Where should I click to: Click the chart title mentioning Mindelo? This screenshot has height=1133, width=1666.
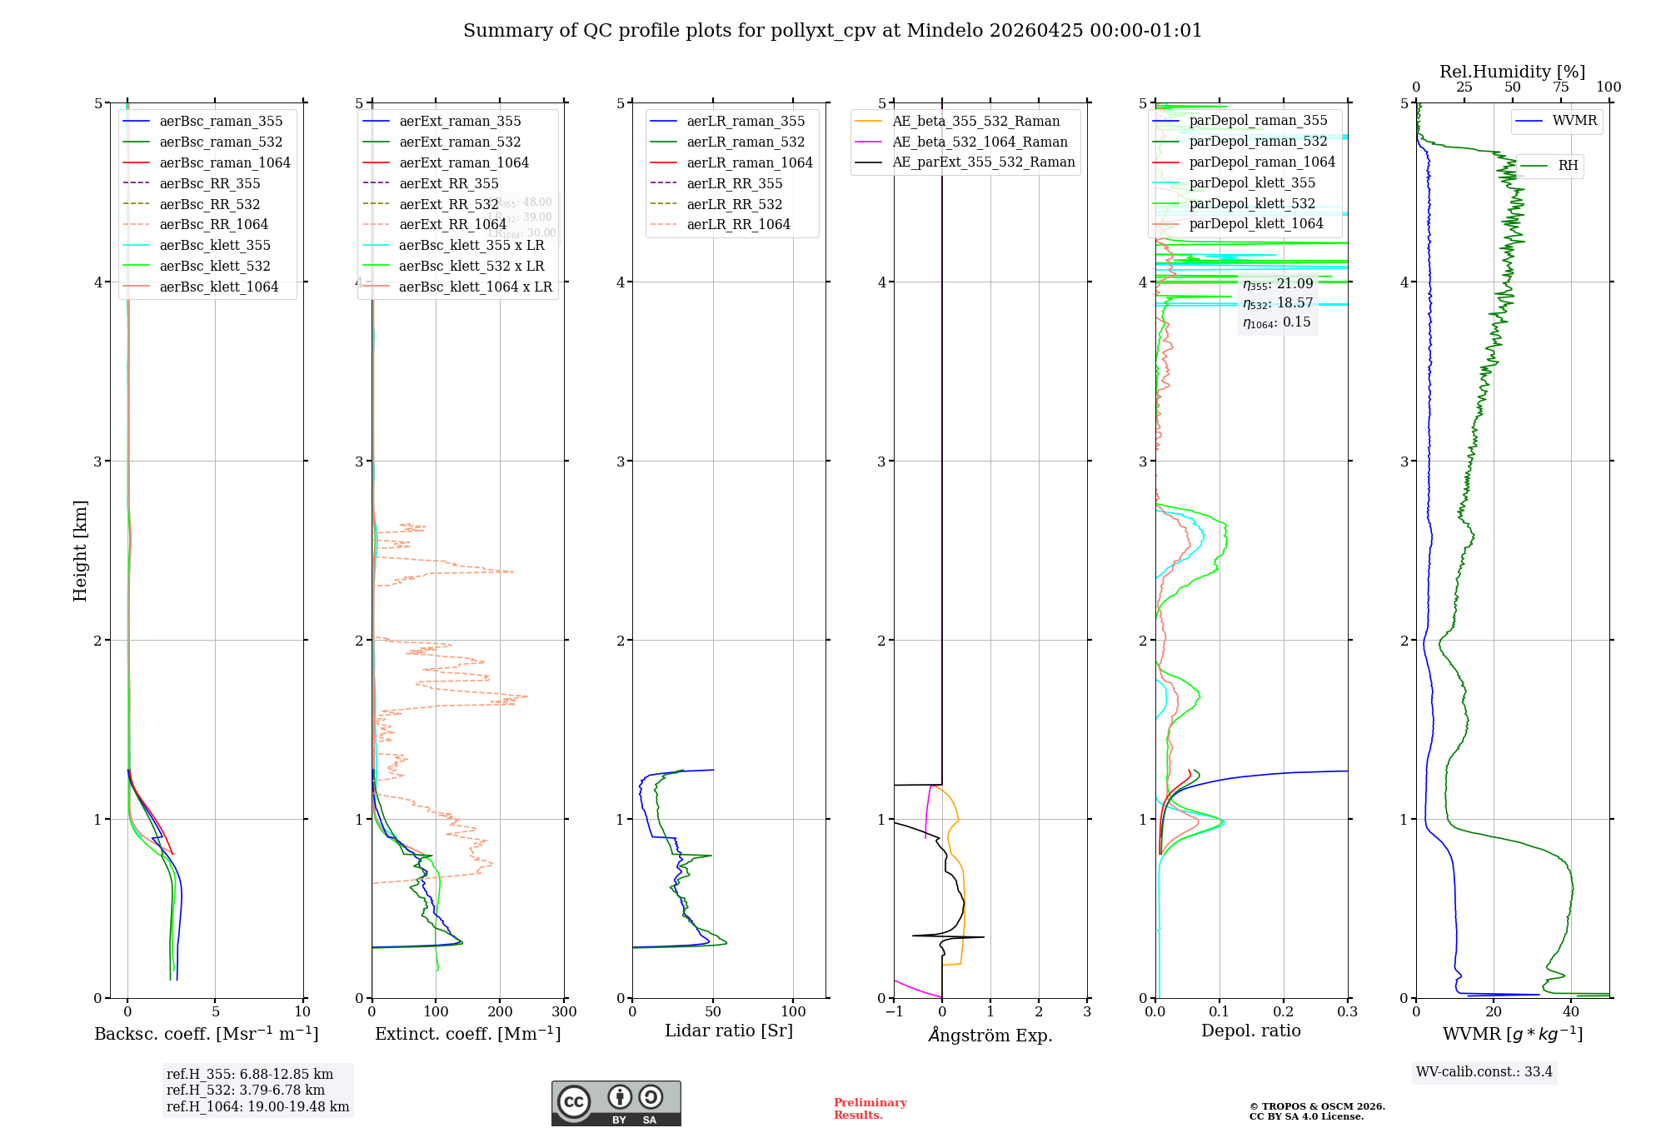[x=832, y=31]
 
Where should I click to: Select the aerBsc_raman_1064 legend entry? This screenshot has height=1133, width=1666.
[x=225, y=162]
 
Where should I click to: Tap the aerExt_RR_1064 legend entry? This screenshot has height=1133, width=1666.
[x=452, y=224]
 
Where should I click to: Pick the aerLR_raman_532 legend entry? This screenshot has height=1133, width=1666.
[x=746, y=142]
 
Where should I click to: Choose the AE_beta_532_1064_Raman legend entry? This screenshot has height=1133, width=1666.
[x=980, y=142]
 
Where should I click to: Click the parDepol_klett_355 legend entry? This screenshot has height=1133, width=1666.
[x=1252, y=182]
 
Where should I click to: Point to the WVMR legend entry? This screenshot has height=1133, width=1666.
[x=1574, y=121]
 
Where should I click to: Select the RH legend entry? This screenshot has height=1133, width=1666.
[x=1568, y=166]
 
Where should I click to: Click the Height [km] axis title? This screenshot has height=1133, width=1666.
[x=80, y=550]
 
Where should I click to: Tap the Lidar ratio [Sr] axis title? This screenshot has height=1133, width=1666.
[x=729, y=1031]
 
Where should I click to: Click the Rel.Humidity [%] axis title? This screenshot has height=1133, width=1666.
[x=1512, y=72]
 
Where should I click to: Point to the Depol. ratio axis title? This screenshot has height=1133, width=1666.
[x=1250, y=1031]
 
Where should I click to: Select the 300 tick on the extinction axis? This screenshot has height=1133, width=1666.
[x=564, y=1012]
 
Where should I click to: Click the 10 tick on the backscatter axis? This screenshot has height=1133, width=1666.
[x=302, y=1012]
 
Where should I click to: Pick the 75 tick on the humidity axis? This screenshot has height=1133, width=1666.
[x=1560, y=87]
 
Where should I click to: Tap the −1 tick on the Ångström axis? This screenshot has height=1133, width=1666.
[x=894, y=1012]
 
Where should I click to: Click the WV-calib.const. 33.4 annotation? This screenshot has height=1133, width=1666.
[x=1484, y=1071]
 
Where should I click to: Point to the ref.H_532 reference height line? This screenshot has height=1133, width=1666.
[x=246, y=1090]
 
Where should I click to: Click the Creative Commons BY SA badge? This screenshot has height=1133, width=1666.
[x=616, y=1104]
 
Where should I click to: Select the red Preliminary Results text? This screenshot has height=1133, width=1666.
[x=870, y=1109]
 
